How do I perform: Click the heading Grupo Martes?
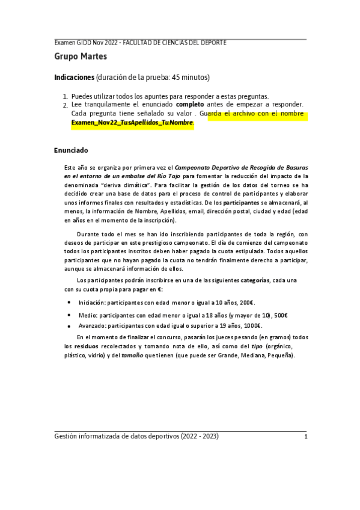(81, 57)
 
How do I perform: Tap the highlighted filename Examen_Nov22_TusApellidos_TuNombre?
(132, 123)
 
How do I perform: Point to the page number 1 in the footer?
(305, 437)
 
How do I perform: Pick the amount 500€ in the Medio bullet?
(281, 315)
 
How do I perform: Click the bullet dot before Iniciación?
(69, 303)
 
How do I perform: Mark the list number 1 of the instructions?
(65, 96)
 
